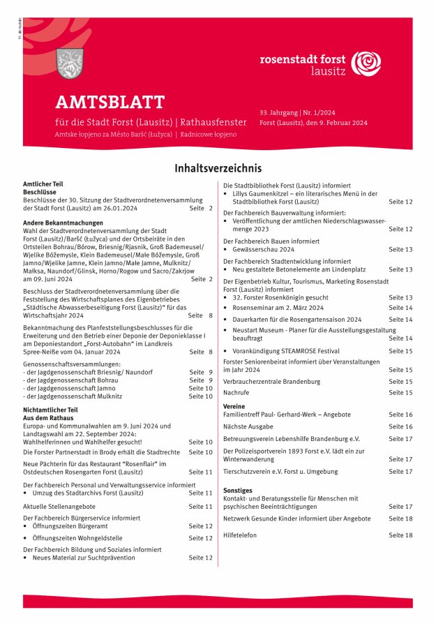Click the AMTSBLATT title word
point(110,103)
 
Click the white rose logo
point(366,64)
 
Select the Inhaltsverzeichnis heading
point(218,168)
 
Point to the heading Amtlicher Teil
point(43,184)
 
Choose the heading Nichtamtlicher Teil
point(50,410)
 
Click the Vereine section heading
point(234,405)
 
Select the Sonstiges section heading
point(237,491)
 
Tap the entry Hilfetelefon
point(240,535)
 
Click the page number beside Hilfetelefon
point(400,535)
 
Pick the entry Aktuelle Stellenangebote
point(59,506)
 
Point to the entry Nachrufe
point(236,393)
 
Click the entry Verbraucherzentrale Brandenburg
point(271,382)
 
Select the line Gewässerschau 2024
point(264,249)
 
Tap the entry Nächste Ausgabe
point(248,426)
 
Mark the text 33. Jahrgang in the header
point(278,112)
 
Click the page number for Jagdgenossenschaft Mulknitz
point(200,396)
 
